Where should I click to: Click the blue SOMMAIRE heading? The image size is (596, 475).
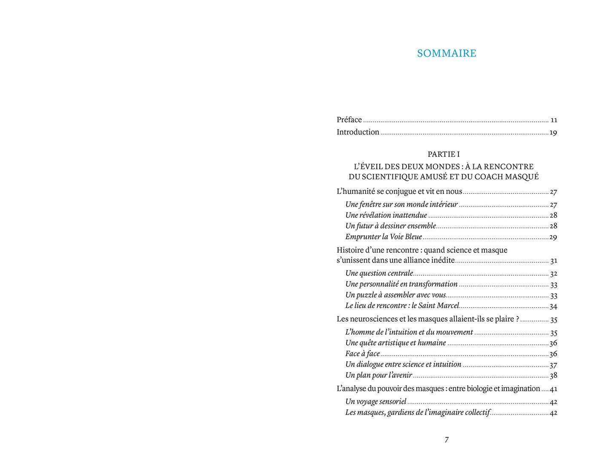click(x=447, y=53)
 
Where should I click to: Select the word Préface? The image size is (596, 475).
click(x=349, y=120)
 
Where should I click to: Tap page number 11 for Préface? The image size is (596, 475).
click(x=553, y=120)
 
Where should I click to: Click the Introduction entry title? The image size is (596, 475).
click(x=358, y=132)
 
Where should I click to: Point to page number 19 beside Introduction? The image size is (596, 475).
click(x=553, y=132)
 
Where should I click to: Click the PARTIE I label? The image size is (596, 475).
click(x=444, y=154)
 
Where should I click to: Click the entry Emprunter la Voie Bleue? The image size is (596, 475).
click(x=384, y=237)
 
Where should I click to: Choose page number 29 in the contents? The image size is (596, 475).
click(x=553, y=237)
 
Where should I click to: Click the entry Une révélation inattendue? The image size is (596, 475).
click(x=386, y=215)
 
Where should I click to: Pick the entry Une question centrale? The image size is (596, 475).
click(x=379, y=273)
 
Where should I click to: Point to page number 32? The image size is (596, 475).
click(x=553, y=274)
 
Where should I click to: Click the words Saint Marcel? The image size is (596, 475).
click(x=438, y=306)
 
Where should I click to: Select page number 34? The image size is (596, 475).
click(x=553, y=306)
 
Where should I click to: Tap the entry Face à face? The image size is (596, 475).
click(x=362, y=354)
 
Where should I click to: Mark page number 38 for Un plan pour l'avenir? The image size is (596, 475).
click(x=553, y=375)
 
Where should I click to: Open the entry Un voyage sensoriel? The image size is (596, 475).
click(x=376, y=402)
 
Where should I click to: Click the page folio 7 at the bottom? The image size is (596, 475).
click(x=447, y=440)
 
